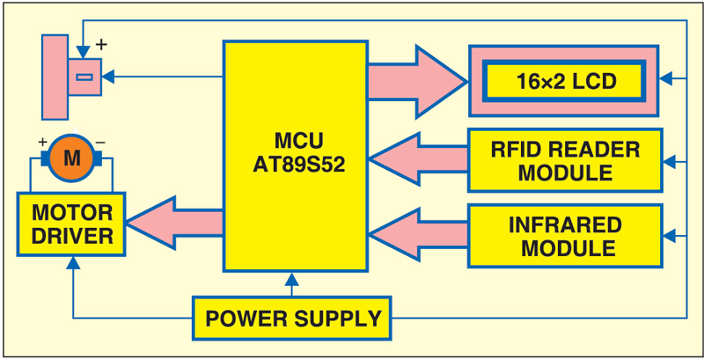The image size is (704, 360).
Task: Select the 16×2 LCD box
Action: click(x=563, y=82)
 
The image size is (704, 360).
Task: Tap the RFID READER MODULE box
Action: click(x=565, y=160)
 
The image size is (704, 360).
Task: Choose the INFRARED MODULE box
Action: click(x=565, y=235)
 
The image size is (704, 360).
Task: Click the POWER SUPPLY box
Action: click(x=291, y=318)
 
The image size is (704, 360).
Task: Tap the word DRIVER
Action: click(x=72, y=236)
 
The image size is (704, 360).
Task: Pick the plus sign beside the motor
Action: click(x=41, y=141)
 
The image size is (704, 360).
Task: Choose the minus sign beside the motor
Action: click(x=101, y=141)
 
